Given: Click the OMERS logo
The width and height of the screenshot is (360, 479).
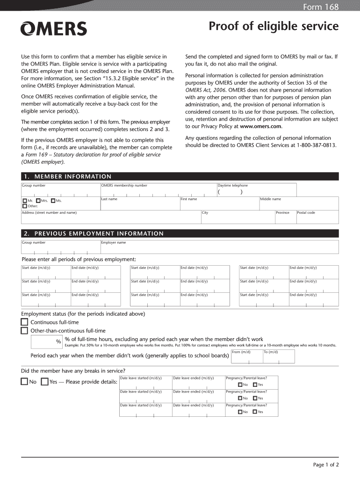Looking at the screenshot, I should click(53, 29).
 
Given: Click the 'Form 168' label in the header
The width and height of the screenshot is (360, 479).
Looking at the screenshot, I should click(321, 7).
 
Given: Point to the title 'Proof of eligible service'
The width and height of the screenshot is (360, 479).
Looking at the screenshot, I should click(274, 27).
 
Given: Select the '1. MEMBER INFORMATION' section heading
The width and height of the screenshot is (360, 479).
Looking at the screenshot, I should click(66, 176).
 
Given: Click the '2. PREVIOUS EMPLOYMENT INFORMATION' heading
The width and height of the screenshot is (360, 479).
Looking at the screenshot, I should click(93, 233).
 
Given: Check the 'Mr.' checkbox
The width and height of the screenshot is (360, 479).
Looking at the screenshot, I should click(25, 201).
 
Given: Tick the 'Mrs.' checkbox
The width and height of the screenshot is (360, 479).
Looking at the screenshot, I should click(38, 201).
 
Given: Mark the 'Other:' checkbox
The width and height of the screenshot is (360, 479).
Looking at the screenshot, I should click(25, 206).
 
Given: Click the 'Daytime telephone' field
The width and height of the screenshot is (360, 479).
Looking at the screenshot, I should click(256, 191).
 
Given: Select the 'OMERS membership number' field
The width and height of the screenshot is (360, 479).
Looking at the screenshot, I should click(158, 191).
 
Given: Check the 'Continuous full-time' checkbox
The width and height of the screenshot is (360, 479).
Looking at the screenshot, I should click(25, 322).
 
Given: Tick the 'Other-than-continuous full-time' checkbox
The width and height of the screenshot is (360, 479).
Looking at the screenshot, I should click(25, 331).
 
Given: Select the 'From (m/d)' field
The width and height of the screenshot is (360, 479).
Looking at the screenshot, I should click(246, 358).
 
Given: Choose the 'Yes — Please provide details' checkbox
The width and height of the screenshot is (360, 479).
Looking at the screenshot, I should click(45, 382).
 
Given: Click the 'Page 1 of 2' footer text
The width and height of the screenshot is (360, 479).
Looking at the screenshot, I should click(325, 464).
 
